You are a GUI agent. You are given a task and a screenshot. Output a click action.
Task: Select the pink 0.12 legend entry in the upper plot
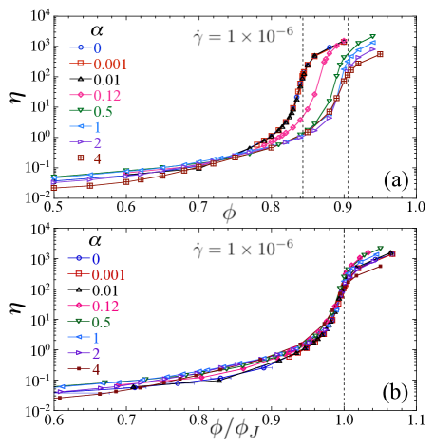(x=107, y=95)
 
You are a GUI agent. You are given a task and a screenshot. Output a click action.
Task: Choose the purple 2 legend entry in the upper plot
(x=98, y=141)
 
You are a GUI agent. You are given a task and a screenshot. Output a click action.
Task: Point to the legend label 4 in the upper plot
(x=98, y=158)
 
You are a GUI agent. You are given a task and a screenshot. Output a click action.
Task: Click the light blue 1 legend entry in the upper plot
(x=98, y=126)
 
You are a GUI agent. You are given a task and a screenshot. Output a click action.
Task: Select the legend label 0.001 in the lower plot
(x=109, y=274)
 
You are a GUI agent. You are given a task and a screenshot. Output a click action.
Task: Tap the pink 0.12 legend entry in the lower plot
(x=106, y=306)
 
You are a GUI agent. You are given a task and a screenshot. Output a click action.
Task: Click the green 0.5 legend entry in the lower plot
(x=104, y=322)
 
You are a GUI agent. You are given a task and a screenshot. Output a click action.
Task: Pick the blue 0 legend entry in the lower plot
(x=96, y=258)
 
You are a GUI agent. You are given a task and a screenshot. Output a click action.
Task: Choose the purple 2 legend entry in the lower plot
(x=96, y=353)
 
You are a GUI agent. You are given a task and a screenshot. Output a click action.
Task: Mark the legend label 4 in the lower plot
(x=96, y=369)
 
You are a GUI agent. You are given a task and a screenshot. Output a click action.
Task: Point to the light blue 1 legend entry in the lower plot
(x=96, y=337)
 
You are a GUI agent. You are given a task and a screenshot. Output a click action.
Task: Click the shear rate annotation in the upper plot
(x=242, y=37)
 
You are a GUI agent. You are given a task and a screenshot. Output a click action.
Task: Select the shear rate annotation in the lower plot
(x=242, y=249)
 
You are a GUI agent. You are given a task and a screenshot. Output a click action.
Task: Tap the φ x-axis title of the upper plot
(x=229, y=213)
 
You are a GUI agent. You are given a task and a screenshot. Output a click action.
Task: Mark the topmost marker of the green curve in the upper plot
(x=373, y=37)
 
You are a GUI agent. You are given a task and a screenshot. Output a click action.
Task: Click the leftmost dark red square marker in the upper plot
(x=53, y=188)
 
